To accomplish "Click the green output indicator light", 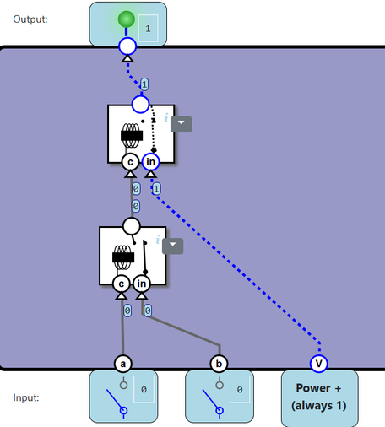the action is point(127,19).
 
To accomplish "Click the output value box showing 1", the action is point(149,28).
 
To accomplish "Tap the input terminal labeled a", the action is point(123,364).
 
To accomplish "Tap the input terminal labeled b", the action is point(219,364).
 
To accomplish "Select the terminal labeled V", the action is point(318,364).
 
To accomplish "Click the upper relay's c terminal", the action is point(130,162).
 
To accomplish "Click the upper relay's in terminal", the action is point(150,162).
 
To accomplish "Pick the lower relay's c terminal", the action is point(122,284).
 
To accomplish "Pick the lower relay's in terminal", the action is point(142,284).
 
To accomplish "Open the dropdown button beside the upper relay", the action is point(182,124).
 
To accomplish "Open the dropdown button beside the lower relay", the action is point(173,246).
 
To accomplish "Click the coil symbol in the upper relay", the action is point(132,136).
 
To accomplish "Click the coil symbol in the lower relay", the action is point(123,257).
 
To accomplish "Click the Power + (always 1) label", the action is point(318,397).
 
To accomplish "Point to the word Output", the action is point(30,19).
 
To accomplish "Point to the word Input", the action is point(26,397).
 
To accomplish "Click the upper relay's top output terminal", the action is point(140,105).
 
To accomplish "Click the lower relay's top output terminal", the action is point(132,226).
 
